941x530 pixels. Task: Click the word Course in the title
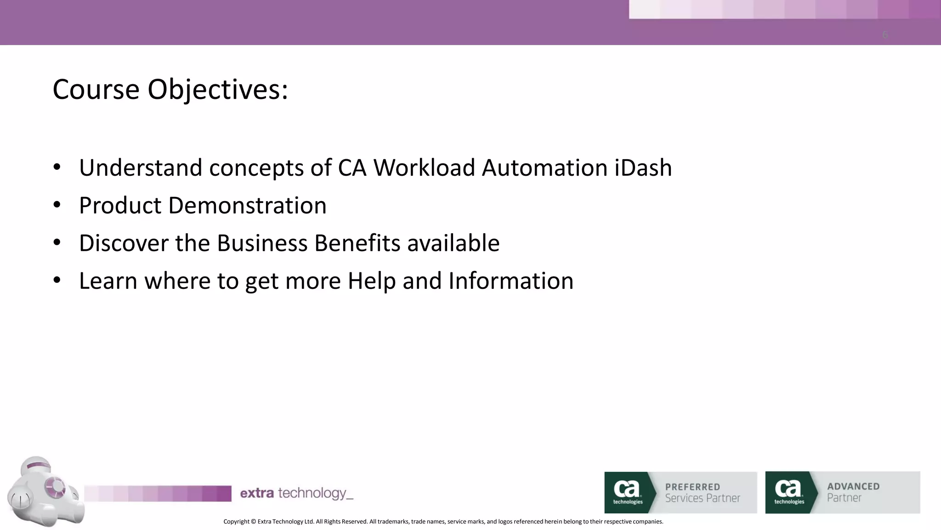pyautogui.click(x=96, y=89)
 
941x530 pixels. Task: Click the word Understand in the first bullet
pyautogui.click(x=141, y=167)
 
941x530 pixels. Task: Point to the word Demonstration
pyautogui.click(x=247, y=205)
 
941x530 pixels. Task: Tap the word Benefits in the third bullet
pyautogui.click(x=357, y=243)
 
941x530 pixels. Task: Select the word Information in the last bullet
pyautogui.click(x=511, y=281)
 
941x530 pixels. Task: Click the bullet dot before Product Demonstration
pyautogui.click(x=57, y=205)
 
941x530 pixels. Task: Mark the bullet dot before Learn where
pyautogui.click(x=57, y=281)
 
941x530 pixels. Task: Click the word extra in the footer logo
pyautogui.click(x=257, y=493)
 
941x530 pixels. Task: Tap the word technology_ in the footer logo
pyautogui.click(x=316, y=494)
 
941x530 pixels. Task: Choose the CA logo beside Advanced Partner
pyautogui.click(x=789, y=492)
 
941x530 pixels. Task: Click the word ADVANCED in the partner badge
pyautogui.click(x=853, y=486)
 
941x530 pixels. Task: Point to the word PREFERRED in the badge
pyautogui.click(x=692, y=487)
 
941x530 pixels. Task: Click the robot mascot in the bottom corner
pyautogui.click(x=45, y=491)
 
